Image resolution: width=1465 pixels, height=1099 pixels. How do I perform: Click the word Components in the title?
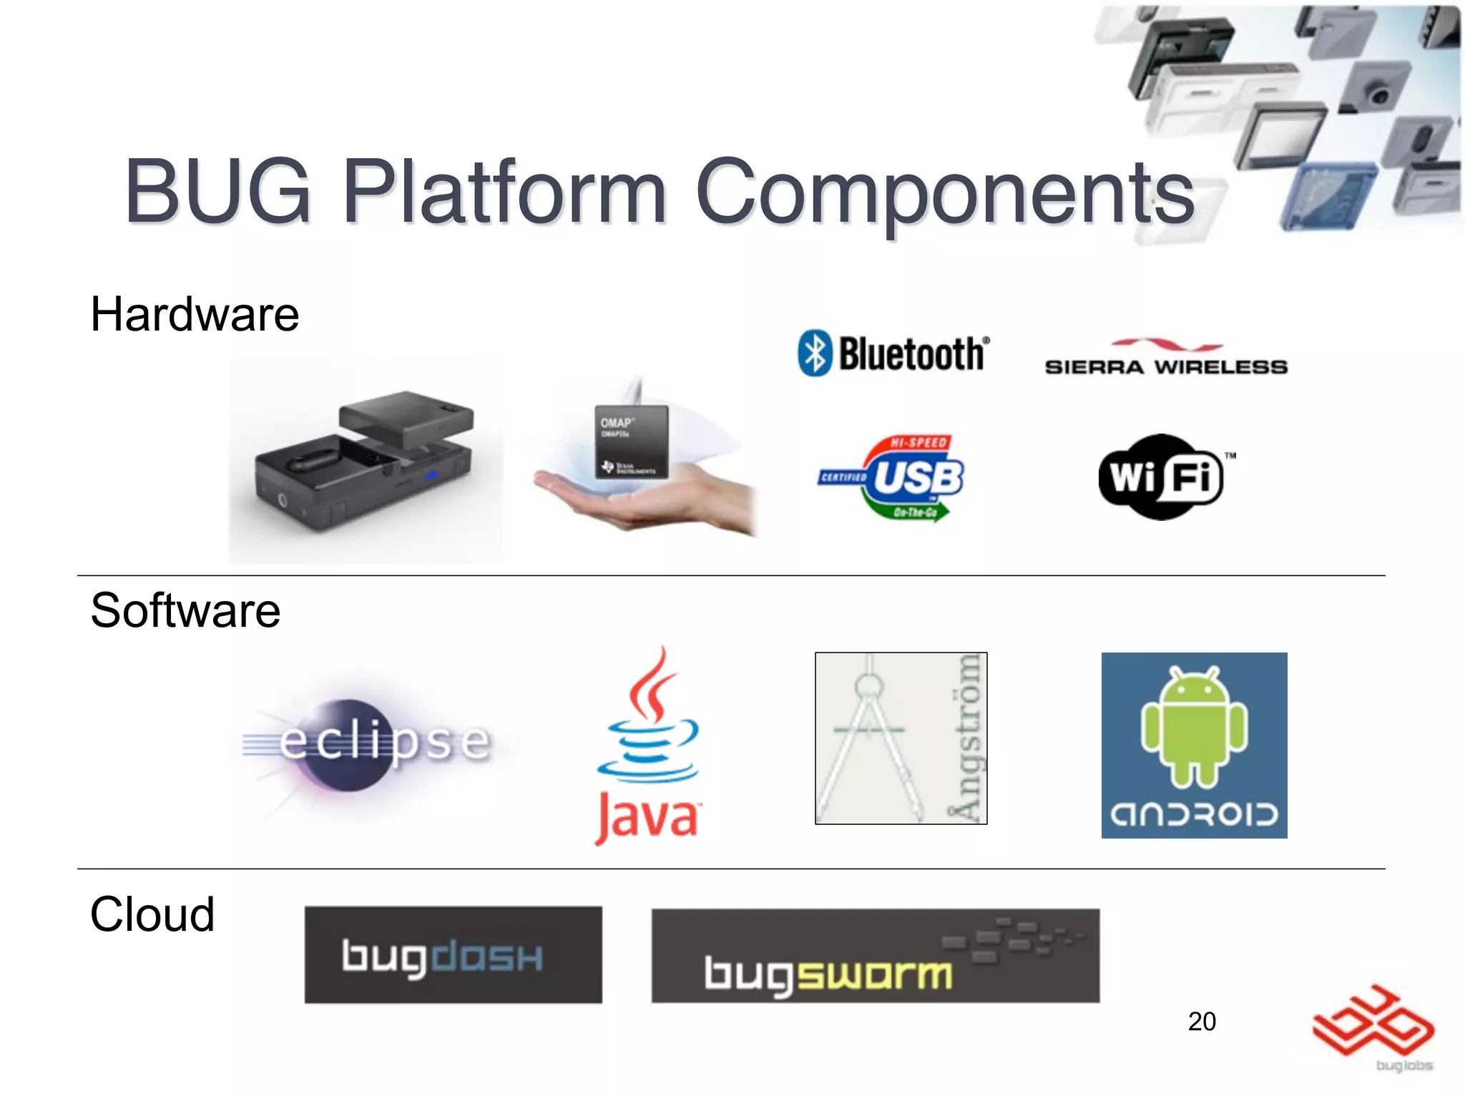[x=944, y=192]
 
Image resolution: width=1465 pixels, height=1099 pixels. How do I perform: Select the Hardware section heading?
[x=195, y=314]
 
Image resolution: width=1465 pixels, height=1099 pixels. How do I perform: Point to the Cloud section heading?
[x=152, y=914]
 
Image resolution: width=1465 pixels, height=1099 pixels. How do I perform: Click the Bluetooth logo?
[x=893, y=353]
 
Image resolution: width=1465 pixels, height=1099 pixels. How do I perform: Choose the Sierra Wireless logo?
[x=1166, y=358]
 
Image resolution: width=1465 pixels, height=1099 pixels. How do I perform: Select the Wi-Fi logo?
[x=1162, y=477]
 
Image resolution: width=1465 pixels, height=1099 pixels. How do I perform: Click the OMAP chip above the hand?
[x=631, y=442]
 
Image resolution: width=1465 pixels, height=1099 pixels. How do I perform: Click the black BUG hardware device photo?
[x=365, y=461]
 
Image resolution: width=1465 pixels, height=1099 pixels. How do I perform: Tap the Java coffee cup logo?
[x=648, y=744]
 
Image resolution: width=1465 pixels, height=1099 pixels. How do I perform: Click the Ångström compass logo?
[x=901, y=738]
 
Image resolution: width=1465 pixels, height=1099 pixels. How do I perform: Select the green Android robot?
[x=1194, y=726]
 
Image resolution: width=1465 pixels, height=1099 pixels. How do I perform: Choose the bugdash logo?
[x=453, y=955]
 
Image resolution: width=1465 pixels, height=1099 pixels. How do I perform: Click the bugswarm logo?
[x=875, y=956]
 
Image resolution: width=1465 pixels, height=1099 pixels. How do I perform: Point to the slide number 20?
[x=1202, y=1021]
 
